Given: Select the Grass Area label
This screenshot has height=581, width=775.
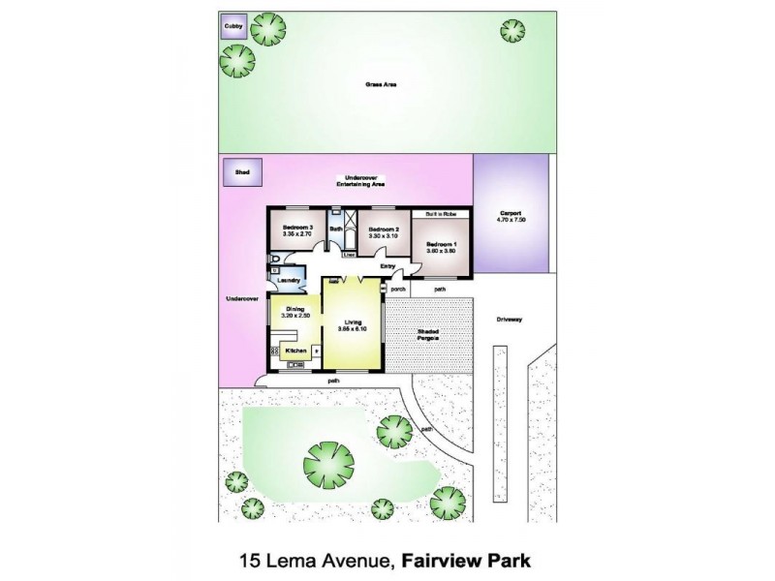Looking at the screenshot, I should (380, 85).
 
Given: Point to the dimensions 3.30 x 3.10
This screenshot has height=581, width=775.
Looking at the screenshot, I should (384, 235).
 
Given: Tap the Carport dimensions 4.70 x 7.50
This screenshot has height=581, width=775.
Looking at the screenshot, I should (511, 221).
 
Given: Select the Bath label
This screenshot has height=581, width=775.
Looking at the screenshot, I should (336, 229).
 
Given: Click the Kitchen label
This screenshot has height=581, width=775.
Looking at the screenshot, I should (296, 350).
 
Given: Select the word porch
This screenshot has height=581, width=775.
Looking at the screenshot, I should (396, 289).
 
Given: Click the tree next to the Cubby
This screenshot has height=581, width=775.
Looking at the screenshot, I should (267, 30).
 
